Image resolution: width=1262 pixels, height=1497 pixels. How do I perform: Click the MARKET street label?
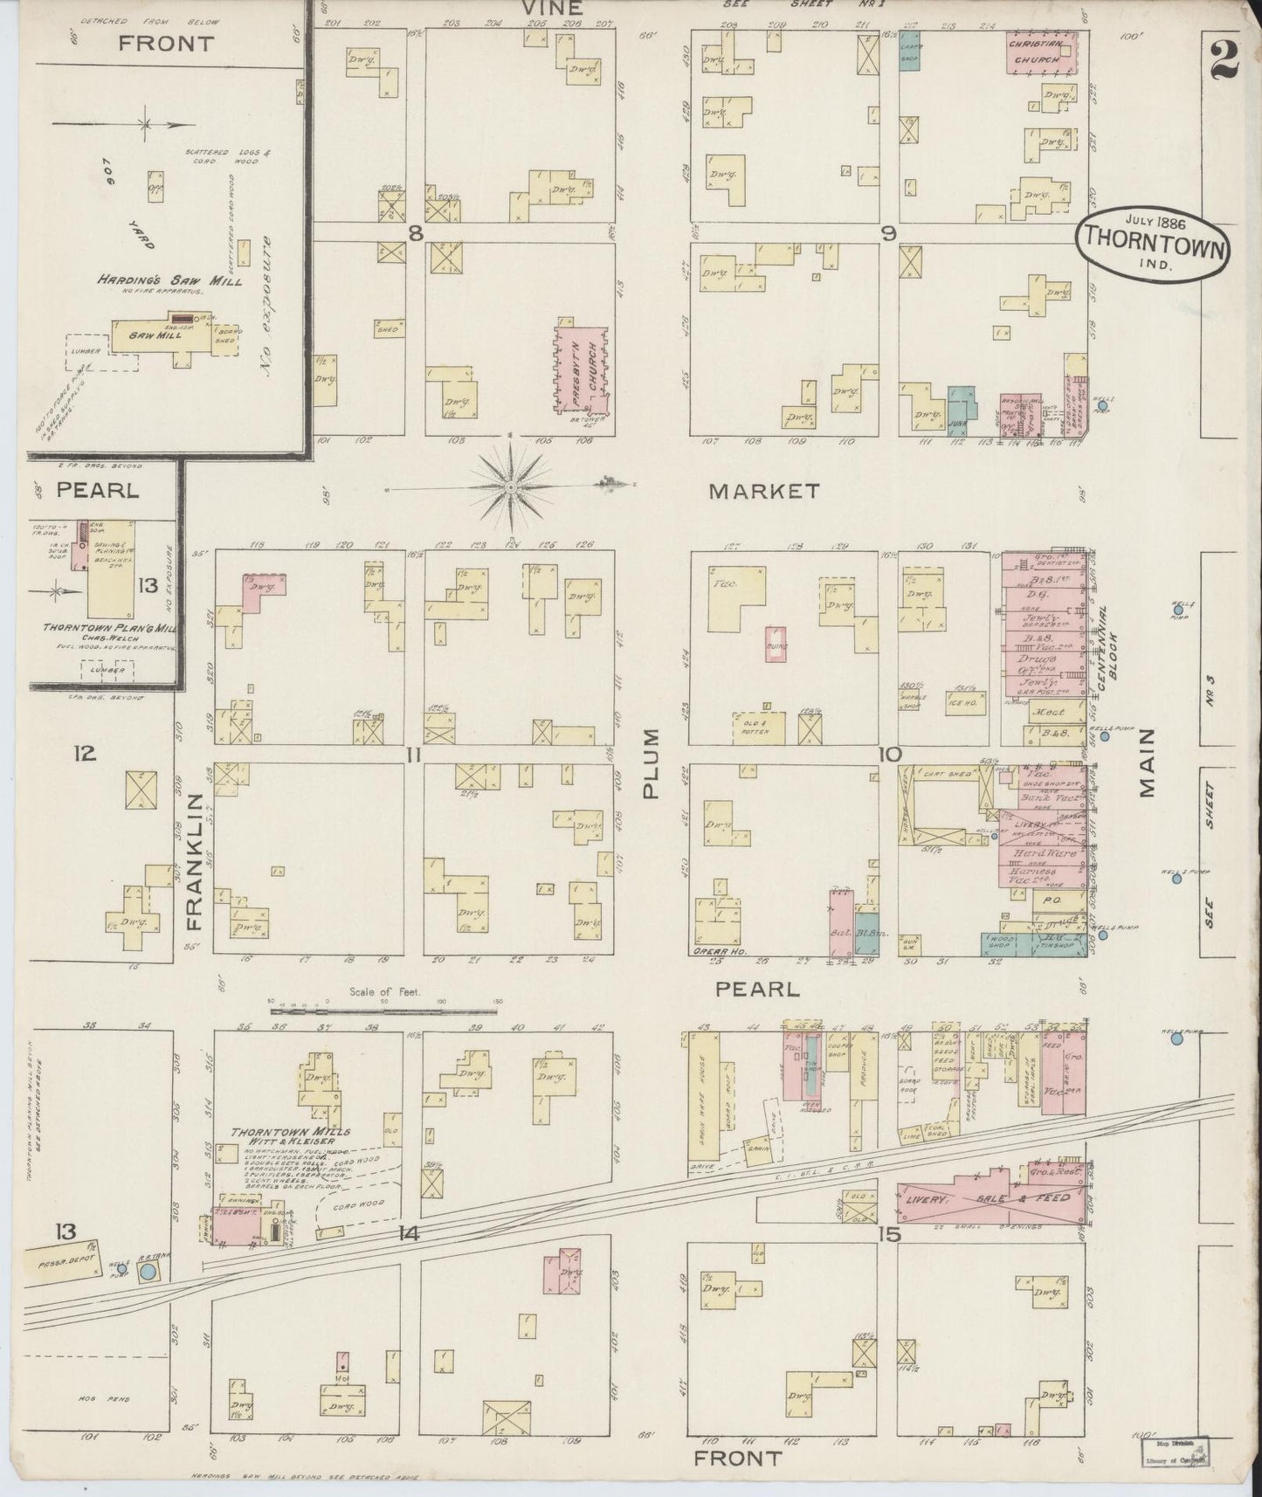[x=764, y=492]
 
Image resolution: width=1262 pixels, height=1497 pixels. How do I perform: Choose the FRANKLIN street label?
[x=194, y=860]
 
